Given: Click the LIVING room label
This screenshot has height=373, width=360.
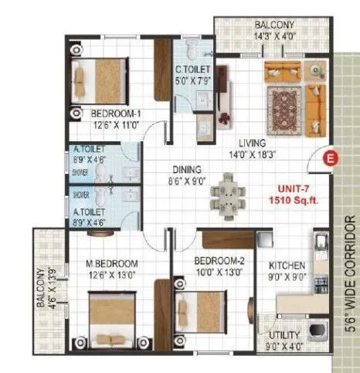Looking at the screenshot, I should point(252,143).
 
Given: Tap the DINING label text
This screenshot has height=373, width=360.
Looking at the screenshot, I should point(188,169).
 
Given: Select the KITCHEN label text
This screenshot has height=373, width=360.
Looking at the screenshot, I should point(287,265).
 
